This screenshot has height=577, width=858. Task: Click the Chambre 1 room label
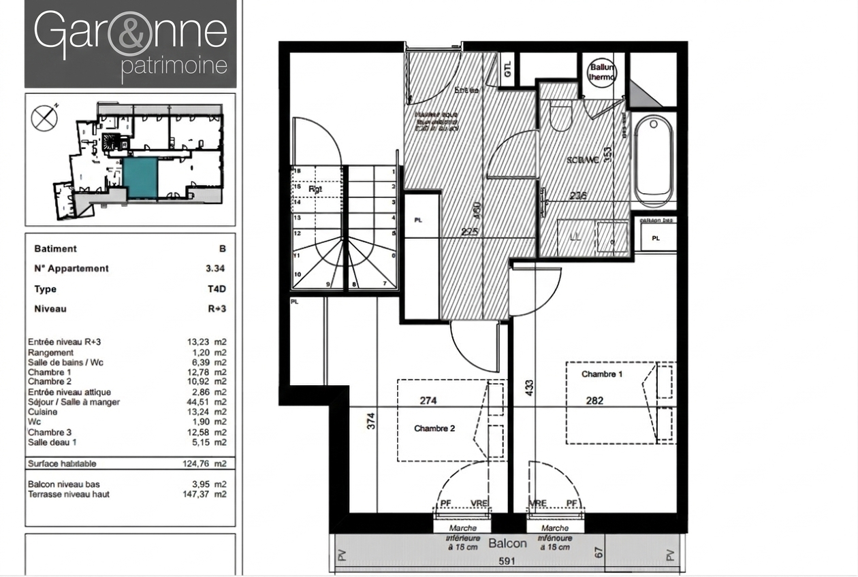point(601,374)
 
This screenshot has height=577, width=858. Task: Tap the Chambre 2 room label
point(434,429)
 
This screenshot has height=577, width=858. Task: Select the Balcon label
point(507,543)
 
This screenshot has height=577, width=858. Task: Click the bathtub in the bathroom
point(654,161)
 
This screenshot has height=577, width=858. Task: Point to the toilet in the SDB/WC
point(560,117)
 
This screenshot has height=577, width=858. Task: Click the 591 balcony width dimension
point(505,562)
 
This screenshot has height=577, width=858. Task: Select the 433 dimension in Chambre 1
point(529,388)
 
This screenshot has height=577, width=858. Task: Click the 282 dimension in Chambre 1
point(594,401)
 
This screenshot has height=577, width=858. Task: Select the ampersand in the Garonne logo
point(131,33)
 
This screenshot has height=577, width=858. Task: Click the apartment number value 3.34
point(215,269)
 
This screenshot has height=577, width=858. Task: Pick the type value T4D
point(216,289)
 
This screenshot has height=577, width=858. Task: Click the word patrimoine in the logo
point(174,67)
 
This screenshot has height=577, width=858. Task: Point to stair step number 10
point(297,274)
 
